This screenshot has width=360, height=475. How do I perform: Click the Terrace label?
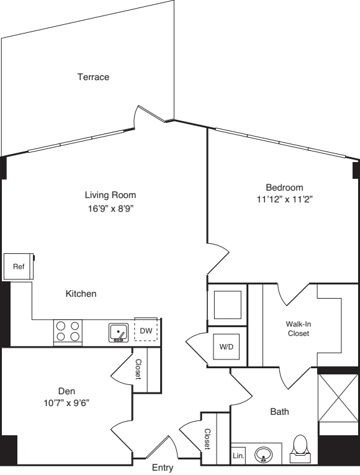[93, 77]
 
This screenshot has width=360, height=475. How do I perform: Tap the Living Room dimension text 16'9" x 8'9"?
[110, 209]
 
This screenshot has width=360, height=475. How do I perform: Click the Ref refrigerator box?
[18, 266]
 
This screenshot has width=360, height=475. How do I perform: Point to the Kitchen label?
[81, 294]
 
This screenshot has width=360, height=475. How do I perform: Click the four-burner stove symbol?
[68, 332]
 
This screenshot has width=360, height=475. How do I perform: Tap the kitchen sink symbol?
[119, 333]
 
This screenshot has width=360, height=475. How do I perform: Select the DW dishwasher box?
[146, 331]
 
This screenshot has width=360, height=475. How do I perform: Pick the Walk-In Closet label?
[298, 328]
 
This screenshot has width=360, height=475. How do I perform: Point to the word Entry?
[163, 468]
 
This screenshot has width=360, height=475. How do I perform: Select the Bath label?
[279, 411]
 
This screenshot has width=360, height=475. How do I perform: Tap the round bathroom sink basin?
[264, 456]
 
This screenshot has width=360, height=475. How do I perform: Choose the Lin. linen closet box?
[239, 456]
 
